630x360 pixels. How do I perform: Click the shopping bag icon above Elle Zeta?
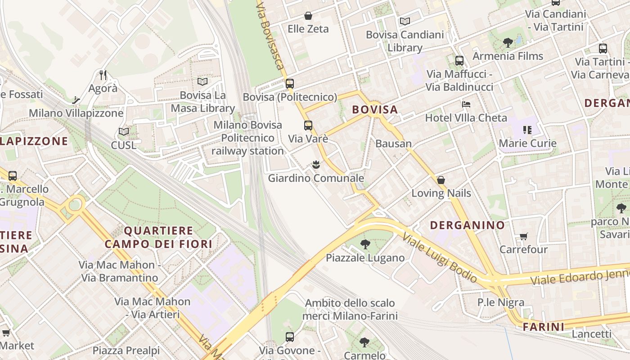308,16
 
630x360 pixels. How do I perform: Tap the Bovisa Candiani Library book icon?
405,21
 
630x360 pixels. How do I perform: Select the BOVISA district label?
375,109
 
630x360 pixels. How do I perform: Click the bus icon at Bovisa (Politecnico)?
290,83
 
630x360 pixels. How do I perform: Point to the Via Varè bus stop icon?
308,126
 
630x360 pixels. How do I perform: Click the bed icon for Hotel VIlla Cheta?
466,105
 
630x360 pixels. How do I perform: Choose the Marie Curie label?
528,144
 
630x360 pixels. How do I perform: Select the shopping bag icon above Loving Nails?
441,180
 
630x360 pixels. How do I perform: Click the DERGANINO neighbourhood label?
468,225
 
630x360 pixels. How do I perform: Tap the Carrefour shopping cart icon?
523,236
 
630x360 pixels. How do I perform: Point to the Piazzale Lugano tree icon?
365,245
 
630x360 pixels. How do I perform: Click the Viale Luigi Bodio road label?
439,257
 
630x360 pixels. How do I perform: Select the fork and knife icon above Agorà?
103,75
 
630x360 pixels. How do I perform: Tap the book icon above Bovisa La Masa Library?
202,82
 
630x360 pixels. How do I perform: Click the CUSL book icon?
124,132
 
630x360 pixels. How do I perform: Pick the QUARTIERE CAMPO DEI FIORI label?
158,237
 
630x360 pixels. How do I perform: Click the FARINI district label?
544,327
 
